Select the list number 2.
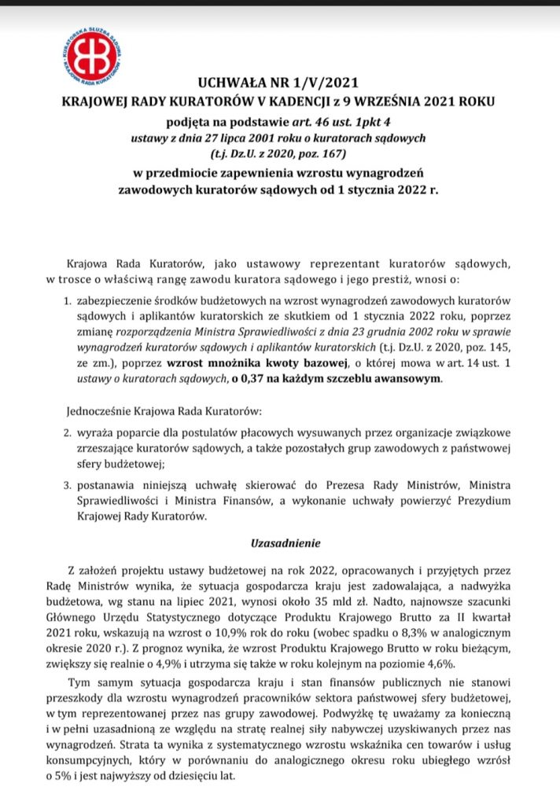(67, 433)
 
